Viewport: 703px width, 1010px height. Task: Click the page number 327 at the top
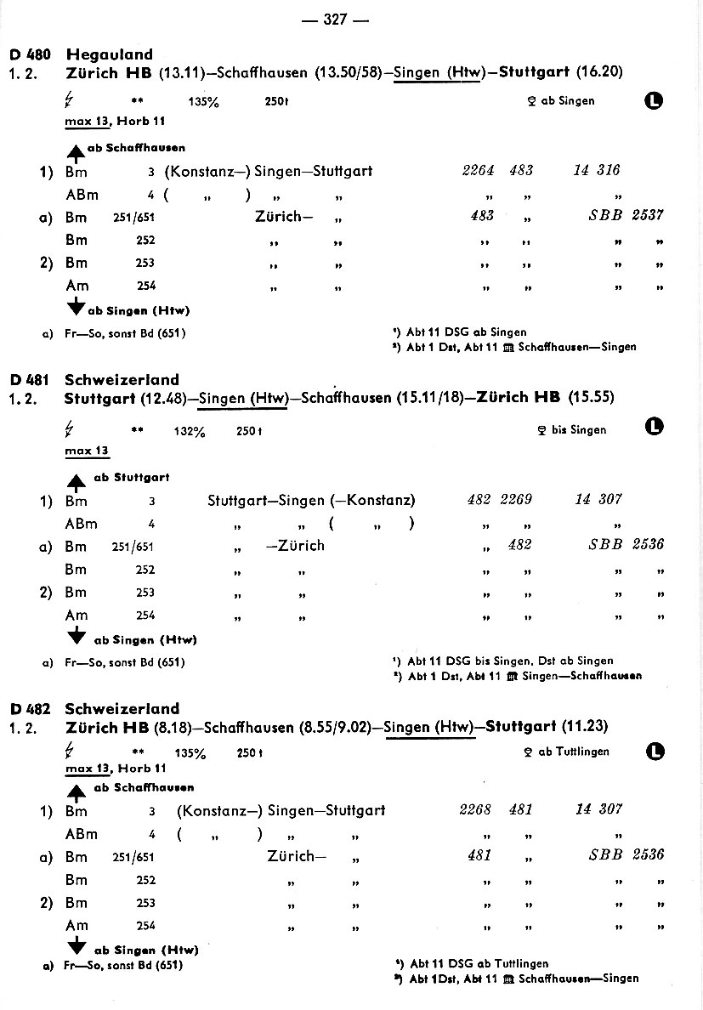pyautogui.click(x=335, y=20)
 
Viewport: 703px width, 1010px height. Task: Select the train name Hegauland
pyautogui.click(x=110, y=55)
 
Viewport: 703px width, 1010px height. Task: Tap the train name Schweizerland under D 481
pyautogui.click(x=122, y=380)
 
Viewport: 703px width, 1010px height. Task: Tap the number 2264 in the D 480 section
pyautogui.click(x=478, y=170)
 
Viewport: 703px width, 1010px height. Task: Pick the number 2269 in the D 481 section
pyautogui.click(x=516, y=500)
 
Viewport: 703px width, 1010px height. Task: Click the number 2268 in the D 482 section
pyautogui.click(x=475, y=809)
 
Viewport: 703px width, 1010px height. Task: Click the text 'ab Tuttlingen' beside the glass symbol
pyautogui.click(x=574, y=752)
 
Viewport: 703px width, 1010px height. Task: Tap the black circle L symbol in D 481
pyautogui.click(x=655, y=427)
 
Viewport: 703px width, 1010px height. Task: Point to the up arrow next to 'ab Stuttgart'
pyautogui.click(x=77, y=483)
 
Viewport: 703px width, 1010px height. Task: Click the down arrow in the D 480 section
pyautogui.click(x=76, y=308)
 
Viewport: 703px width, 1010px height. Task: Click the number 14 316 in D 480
pyautogui.click(x=597, y=170)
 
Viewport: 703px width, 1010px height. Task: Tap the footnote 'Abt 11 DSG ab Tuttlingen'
pyautogui.click(x=479, y=964)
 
